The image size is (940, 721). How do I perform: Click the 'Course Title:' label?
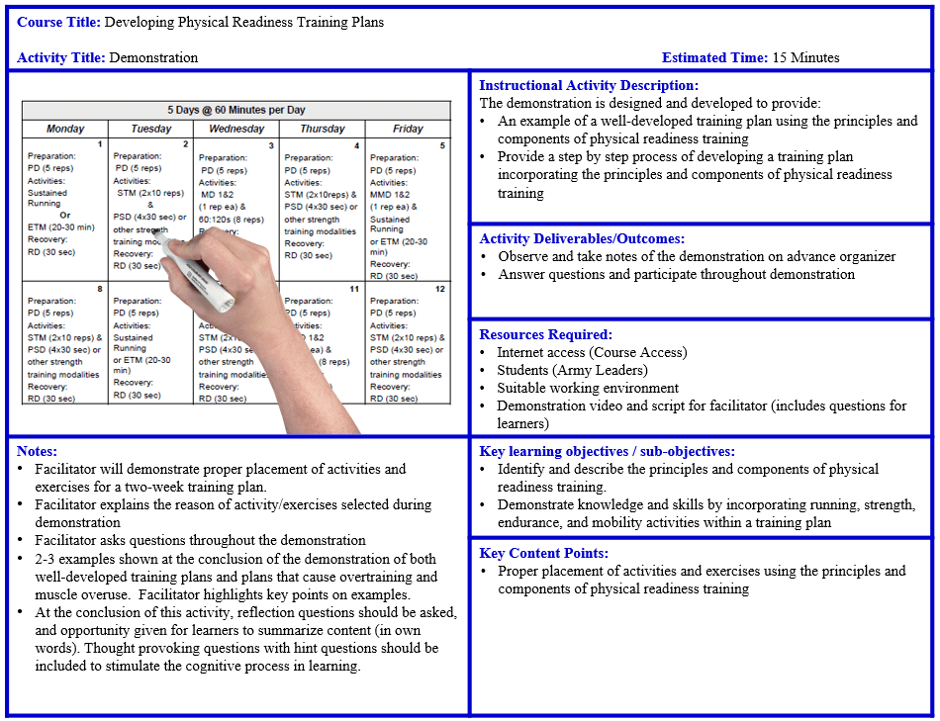click(58, 22)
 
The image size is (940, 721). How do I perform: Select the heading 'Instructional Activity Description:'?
click(589, 86)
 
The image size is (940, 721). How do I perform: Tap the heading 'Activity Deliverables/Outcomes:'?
click(582, 238)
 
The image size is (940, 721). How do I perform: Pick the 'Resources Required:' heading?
click(546, 334)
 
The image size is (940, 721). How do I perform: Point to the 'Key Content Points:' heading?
click(543, 553)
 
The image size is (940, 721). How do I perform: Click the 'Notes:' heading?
click(38, 451)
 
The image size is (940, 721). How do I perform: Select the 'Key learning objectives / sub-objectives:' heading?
click(607, 451)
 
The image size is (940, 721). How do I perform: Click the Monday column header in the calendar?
click(65, 129)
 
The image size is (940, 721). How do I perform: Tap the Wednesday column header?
click(236, 129)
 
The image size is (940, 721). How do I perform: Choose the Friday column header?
click(408, 129)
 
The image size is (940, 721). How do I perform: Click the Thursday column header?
click(323, 129)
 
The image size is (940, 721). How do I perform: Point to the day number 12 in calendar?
click(439, 289)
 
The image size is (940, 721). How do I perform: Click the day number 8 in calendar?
click(99, 289)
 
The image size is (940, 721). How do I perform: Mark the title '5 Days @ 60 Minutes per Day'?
click(235, 110)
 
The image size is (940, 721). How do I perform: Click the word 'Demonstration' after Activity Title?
click(153, 57)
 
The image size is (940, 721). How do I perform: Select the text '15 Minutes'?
click(805, 57)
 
